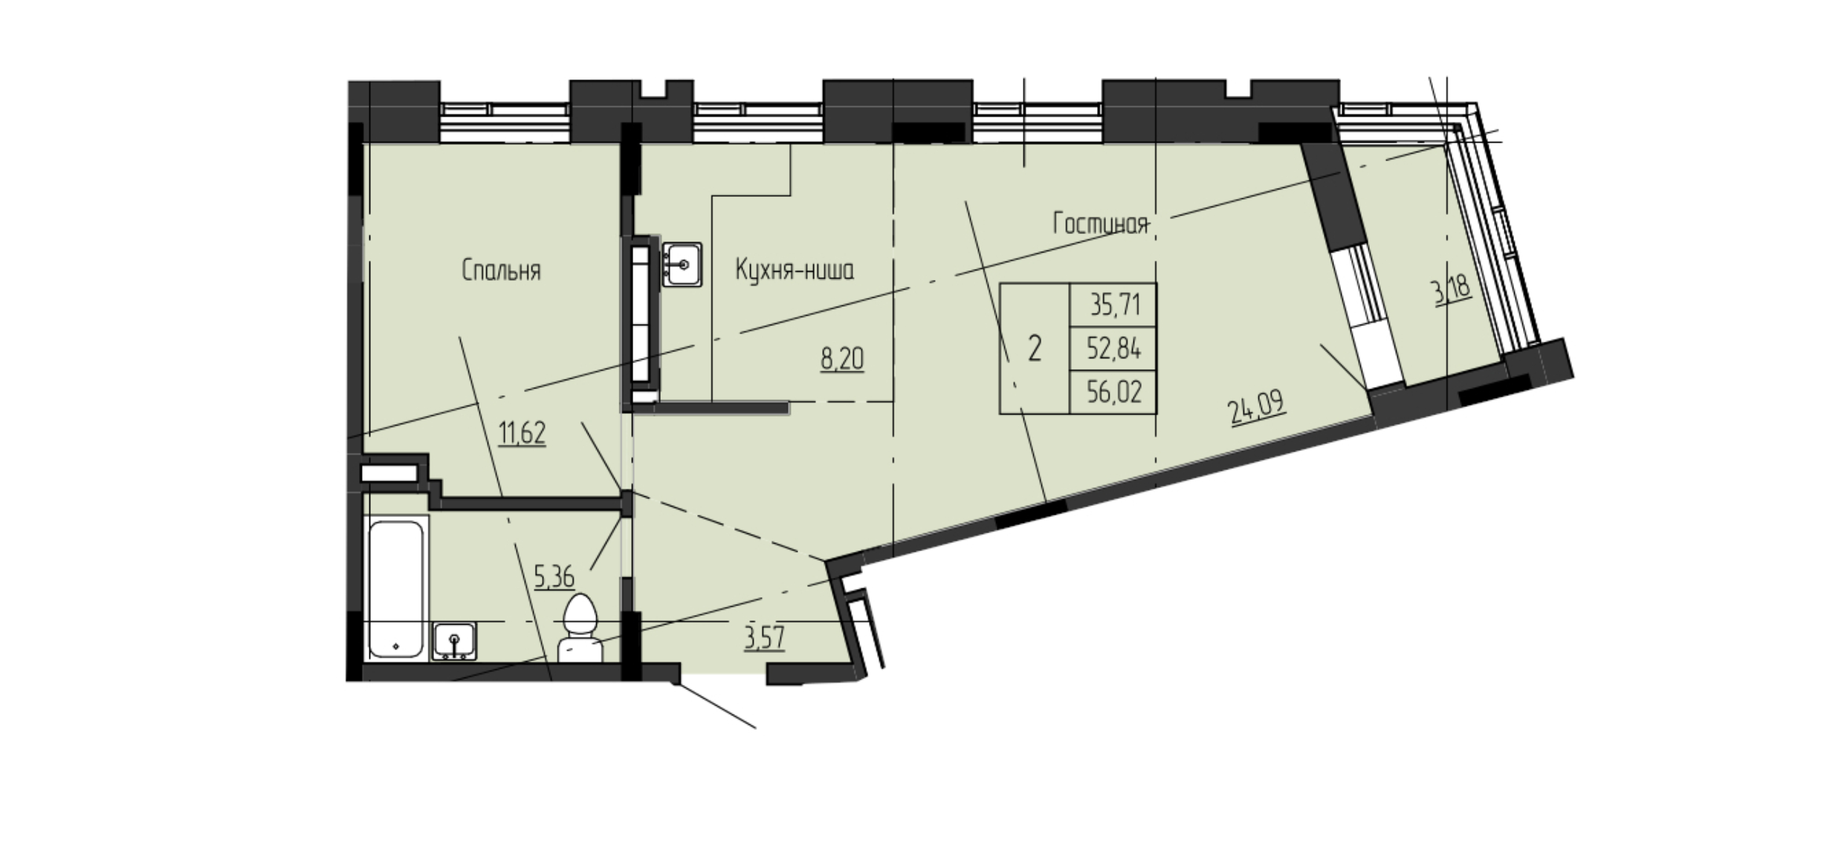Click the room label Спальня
tap(501, 271)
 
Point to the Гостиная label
tap(1101, 224)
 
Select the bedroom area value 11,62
tap(522, 433)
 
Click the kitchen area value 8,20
tap(843, 360)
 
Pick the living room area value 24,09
tap(1258, 409)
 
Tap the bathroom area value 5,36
tap(554, 576)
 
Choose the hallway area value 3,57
tap(765, 638)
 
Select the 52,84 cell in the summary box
tap(1113, 348)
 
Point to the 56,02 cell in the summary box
tap(1113, 391)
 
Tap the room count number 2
tap(1034, 348)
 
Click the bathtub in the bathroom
tap(396, 588)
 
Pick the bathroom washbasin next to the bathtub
tap(454, 641)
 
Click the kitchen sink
tap(682, 264)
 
